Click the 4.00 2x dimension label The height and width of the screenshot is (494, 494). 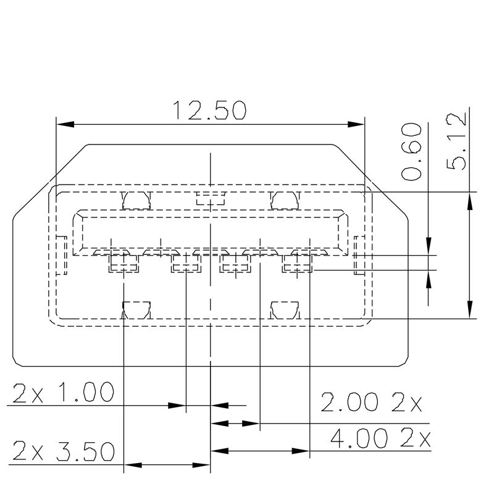click(380, 439)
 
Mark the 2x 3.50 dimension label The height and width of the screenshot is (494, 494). click(64, 451)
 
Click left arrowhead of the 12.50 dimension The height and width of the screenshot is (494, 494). click(64, 125)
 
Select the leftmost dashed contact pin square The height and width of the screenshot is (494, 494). click(124, 264)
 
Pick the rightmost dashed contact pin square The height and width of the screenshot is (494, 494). click(298, 264)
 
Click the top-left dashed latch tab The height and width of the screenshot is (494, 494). click(136, 199)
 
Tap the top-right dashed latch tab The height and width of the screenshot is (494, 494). click(285, 199)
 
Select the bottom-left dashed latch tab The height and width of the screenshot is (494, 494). click(136, 309)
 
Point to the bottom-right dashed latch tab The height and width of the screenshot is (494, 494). click(285, 309)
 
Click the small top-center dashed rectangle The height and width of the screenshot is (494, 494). click(211, 198)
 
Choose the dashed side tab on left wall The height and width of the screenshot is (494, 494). click(61, 255)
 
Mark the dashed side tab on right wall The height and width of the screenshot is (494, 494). click(361, 254)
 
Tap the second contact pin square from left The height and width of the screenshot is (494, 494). click(186, 264)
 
